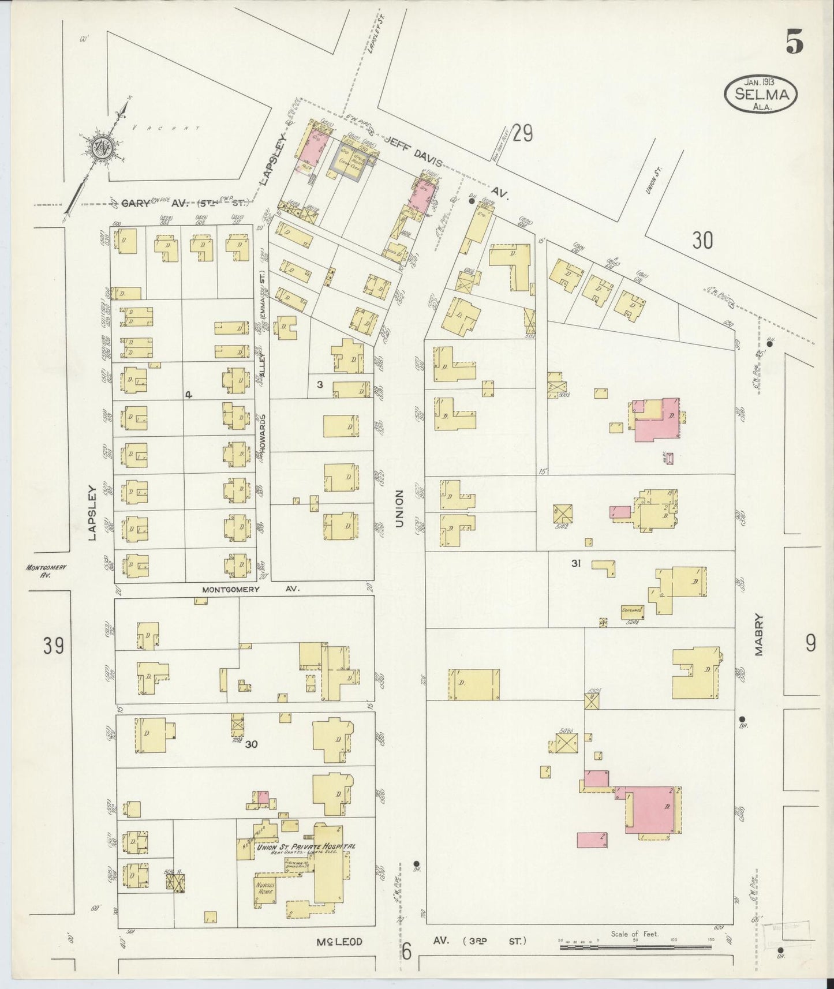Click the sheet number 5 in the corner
point(794,42)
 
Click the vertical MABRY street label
point(758,635)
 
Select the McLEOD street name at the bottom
point(339,942)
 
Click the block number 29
point(522,134)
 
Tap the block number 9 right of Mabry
point(810,642)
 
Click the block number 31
point(575,564)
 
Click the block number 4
point(188,395)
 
